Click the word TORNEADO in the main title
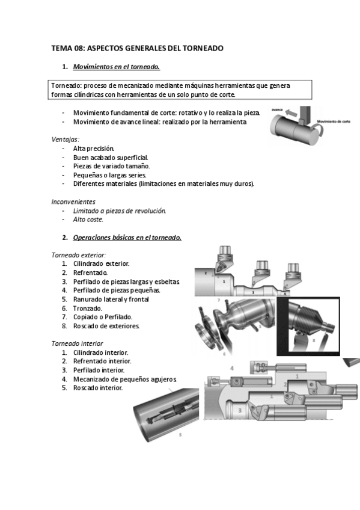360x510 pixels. pos(203,49)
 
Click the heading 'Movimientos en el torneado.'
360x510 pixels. pos(117,67)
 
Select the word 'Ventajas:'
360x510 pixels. pos(66,140)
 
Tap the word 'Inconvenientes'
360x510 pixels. pos(73,201)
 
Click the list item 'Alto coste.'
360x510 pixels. pos(88,220)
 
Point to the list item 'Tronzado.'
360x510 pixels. pos(87,309)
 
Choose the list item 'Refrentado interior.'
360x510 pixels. pos(102,361)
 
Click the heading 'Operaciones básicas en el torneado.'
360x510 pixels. pos(127,238)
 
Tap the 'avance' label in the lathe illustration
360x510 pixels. pos(277,110)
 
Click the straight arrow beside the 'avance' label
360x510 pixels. pos(291,114)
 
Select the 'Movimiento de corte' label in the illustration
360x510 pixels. pos(334,121)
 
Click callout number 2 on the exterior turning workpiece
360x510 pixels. pos(206,273)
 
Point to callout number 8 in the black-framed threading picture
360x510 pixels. pos(314,340)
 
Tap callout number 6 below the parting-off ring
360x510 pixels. pos(224,354)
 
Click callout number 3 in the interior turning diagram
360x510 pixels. pos(240,411)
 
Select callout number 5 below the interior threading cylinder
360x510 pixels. pos(180,435)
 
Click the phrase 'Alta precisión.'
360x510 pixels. pos(94,149)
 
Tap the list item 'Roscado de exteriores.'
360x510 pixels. pos(106,326)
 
